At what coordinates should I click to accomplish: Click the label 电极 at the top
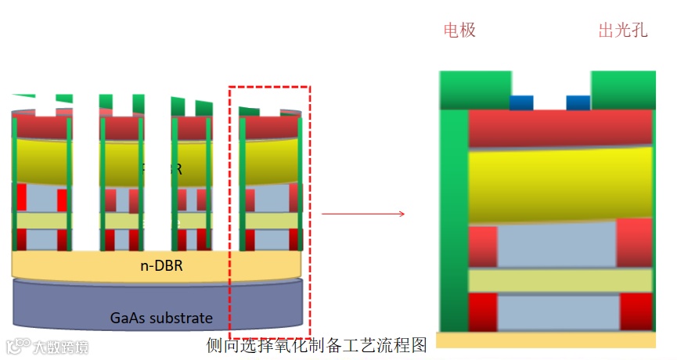[x=459, y=31]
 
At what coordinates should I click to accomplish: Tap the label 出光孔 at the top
[x=623, y=31]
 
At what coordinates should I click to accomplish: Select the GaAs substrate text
[x=160, y=317]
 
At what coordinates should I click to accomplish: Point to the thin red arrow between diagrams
[x=363, y=213]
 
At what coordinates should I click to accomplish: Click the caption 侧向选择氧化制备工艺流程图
[x=316, y=344]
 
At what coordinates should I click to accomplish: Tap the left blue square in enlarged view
[x=521, y=103]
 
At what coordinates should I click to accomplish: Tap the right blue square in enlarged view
[x=578, y=103]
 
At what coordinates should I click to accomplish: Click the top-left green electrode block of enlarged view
[x=474, y=89]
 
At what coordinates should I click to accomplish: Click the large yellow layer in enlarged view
[x=560, y=185]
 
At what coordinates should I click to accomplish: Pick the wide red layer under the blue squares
[x=560, y=128]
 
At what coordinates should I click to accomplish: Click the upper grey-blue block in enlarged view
[x=556, y=245]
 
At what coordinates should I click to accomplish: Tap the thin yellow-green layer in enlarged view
[x=560, y=280]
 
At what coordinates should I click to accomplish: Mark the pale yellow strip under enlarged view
[x=546, y=340]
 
